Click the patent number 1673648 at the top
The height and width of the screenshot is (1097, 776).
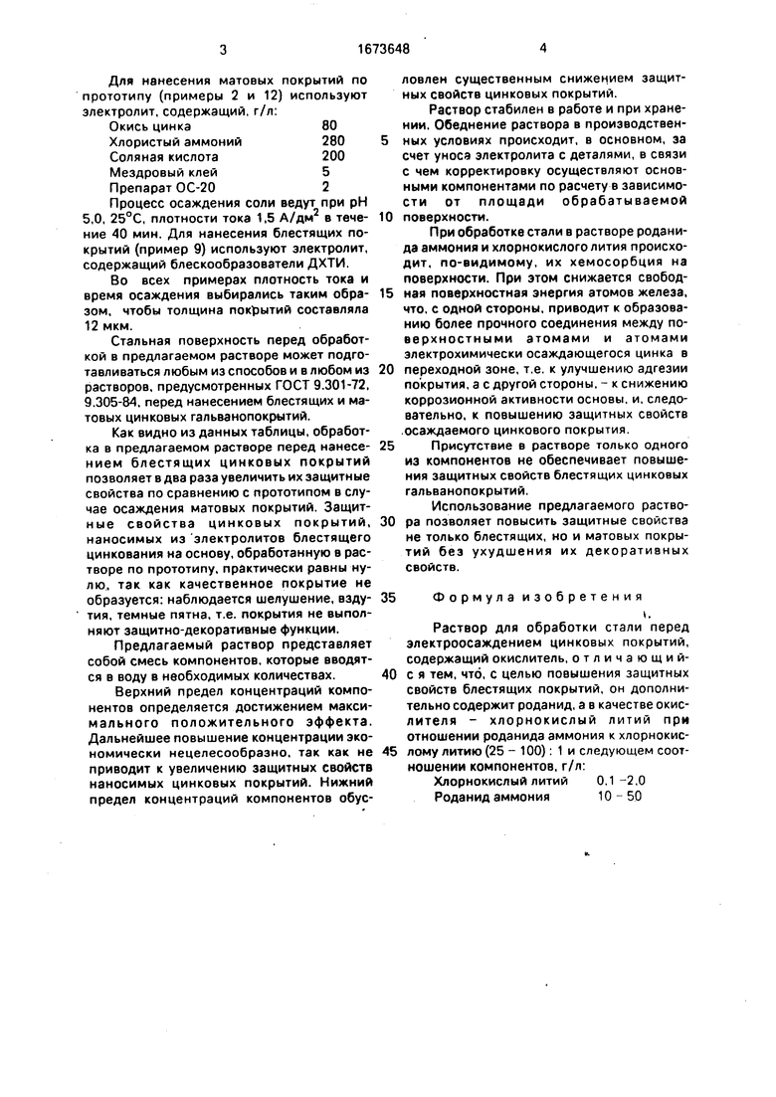[x=383, y=47]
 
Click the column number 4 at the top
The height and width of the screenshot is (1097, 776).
[x=543, y=47]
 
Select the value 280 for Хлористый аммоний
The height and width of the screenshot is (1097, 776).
[x=333, y=141]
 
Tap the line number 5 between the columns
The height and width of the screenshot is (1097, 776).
[x=384, y=140]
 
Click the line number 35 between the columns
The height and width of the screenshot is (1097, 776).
[x=387, y=598]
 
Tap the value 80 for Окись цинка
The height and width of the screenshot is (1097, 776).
[x=329, y=126]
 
